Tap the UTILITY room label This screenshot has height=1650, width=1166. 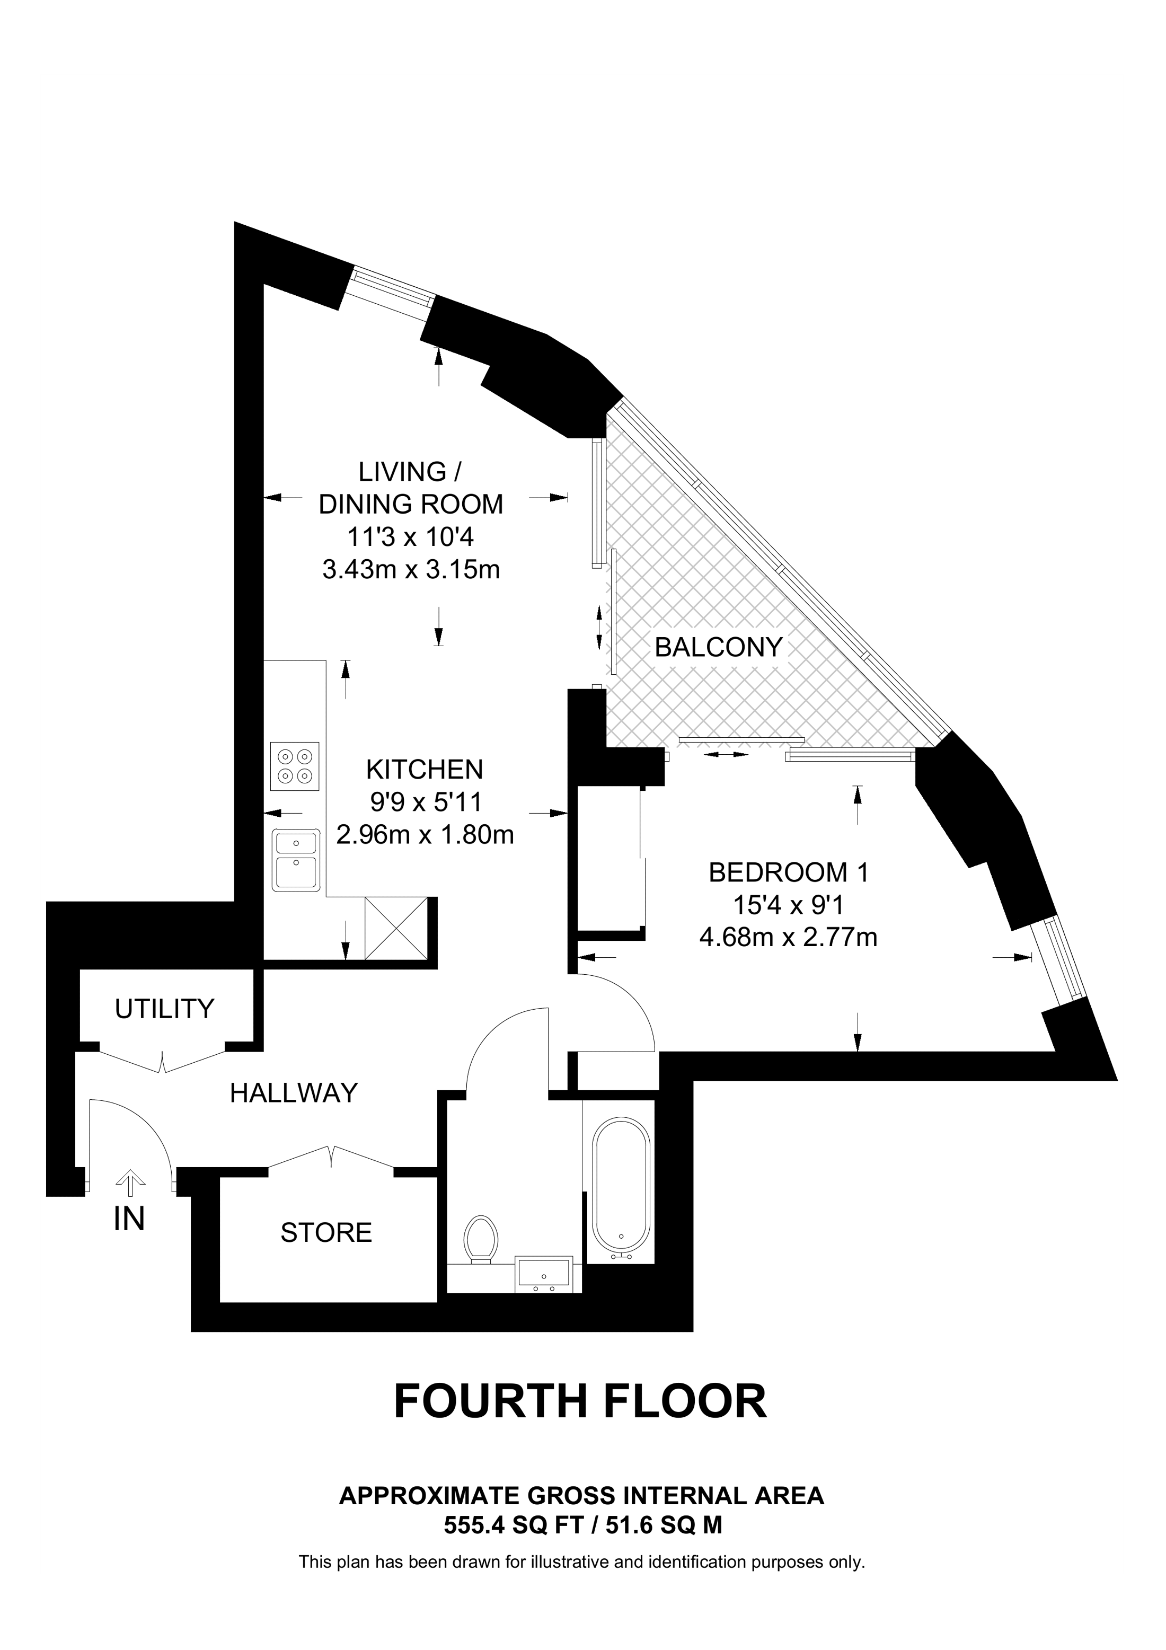pos(164,1009)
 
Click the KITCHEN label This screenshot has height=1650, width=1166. pos(424,770)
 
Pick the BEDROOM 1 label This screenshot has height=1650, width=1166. pos(789,872)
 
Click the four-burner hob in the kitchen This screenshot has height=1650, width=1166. pos(295,766)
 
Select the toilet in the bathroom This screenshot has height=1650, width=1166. pos(481,1238)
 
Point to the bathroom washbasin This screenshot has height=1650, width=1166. pos(543,1274)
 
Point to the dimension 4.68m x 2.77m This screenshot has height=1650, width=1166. pos(788,938)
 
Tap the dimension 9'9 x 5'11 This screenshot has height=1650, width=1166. pos(424,802)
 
